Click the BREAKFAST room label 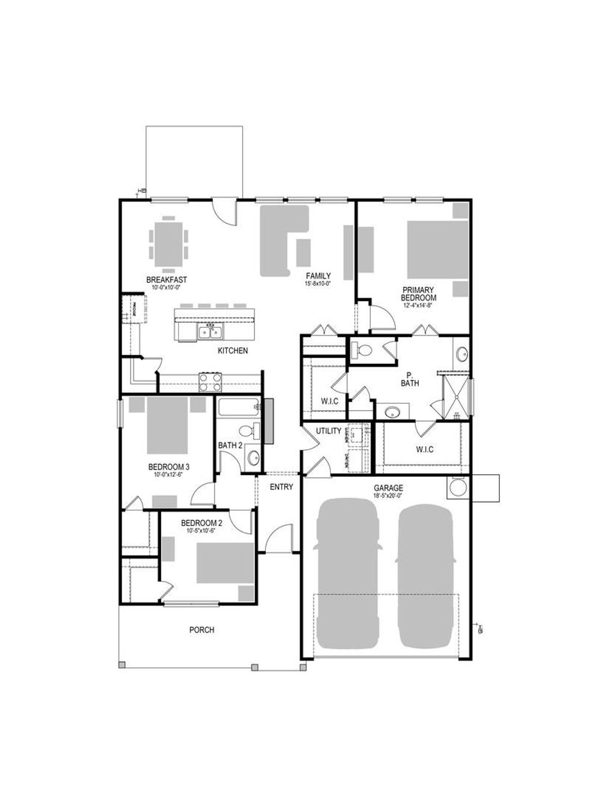[x=167, y=280]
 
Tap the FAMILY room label [x=318, y=276]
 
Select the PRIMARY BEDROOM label [x=419, y=293]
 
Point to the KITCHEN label [x=233, y=351]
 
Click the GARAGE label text [x=388, y=488]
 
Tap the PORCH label [x=202, y=629]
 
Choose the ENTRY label [x=281, y=487]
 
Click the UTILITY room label [x=328, y=431]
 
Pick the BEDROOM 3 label [x=169, y=467]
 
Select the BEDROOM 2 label [x=202, y=523]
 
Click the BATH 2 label [x=230, y=445]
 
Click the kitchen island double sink [x=211, y=331]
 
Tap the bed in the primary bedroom [x=437, y=250]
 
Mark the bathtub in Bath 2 [x=238, y=407]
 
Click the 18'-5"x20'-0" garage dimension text [x=388, y=496]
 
